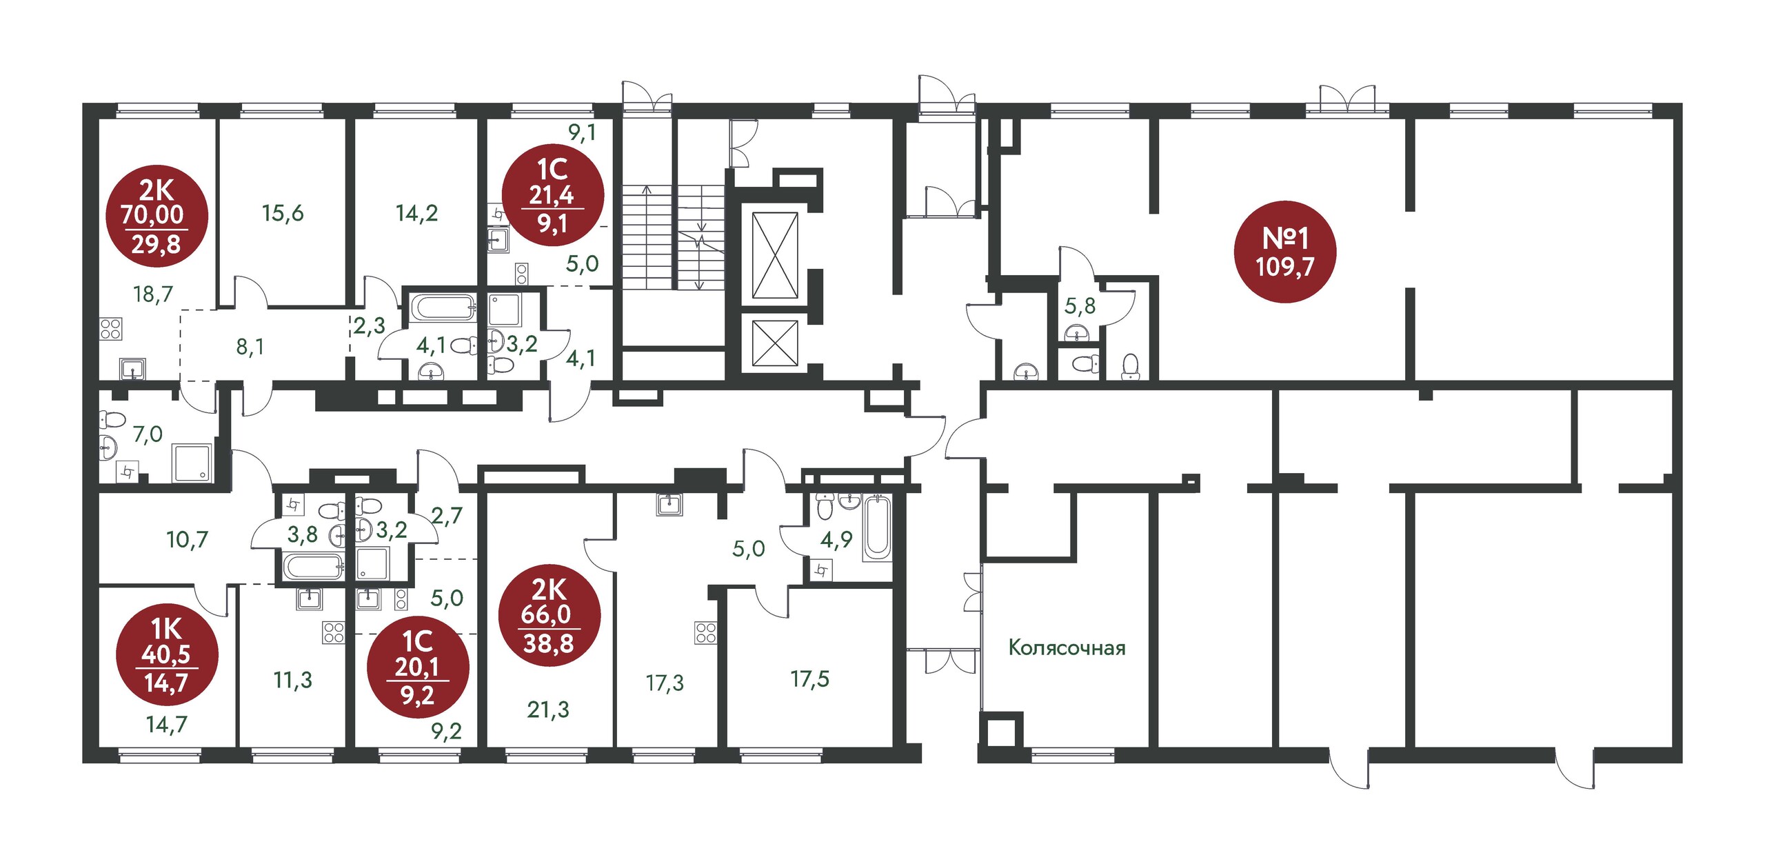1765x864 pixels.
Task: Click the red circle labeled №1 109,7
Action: (x=1285, y=252)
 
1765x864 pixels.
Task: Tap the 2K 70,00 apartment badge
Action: (x=157, y=216)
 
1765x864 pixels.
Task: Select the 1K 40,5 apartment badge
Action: (x=167, y=656)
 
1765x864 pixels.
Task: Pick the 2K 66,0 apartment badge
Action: (x=549, y=616)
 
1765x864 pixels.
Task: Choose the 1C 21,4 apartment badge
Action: (x=553, y=196)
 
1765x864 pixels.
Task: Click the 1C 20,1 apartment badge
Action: (x=418, y=667)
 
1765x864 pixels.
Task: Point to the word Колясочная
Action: (x=1067, y=647)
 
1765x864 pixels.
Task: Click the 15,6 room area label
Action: (x=283, y=213)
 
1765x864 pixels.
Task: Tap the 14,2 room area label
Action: (x=416, y=213)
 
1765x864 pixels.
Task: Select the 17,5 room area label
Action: (x=810, y=679)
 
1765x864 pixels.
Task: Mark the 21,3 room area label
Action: (x=548, y=710)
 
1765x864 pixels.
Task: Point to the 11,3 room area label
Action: (x=293, y=681)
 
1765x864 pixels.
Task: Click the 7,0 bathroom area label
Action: (x=148, y=434)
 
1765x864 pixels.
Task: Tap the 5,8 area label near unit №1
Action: (x=1080, y=305)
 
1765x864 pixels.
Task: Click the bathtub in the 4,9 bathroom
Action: (x=878, y=527)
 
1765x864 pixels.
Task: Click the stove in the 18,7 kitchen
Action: (x=111, y=329)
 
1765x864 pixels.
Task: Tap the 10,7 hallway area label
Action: (x=187, y=539)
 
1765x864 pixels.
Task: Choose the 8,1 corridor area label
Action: (x=250, y=347)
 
